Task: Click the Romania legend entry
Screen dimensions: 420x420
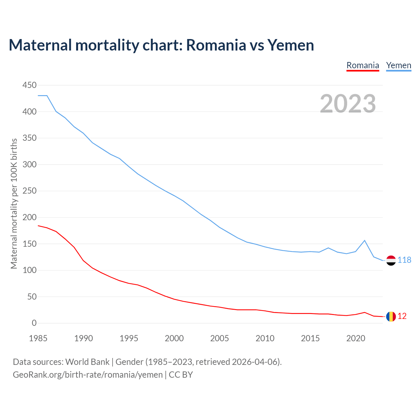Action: click(363, 65)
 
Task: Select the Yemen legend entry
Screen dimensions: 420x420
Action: click(399, 65)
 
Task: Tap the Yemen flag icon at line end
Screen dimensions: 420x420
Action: click(391, 260)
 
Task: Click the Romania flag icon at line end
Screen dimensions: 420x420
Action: click(391, 316)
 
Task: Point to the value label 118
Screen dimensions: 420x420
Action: click(404, 260)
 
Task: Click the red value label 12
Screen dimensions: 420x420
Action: click(402, 316)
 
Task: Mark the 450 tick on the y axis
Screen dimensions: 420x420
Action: click(29, 85)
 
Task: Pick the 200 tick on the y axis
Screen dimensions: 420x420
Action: click(29, 218)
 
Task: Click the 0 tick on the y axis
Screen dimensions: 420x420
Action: click(34, 323)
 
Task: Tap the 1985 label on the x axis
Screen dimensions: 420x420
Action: click(38, 338)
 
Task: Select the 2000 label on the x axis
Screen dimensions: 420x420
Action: click(174, 338)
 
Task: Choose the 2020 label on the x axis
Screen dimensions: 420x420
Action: click(356, 338)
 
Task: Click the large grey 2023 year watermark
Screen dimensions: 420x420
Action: click(348, 104)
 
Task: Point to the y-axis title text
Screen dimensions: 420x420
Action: click(14, 203)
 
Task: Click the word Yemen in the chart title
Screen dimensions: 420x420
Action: click(290, 45)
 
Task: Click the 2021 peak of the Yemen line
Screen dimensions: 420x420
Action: click(365, 241)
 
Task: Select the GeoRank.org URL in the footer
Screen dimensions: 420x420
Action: click(88, 375)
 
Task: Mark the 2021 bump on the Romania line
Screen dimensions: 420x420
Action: click(365, 312)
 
